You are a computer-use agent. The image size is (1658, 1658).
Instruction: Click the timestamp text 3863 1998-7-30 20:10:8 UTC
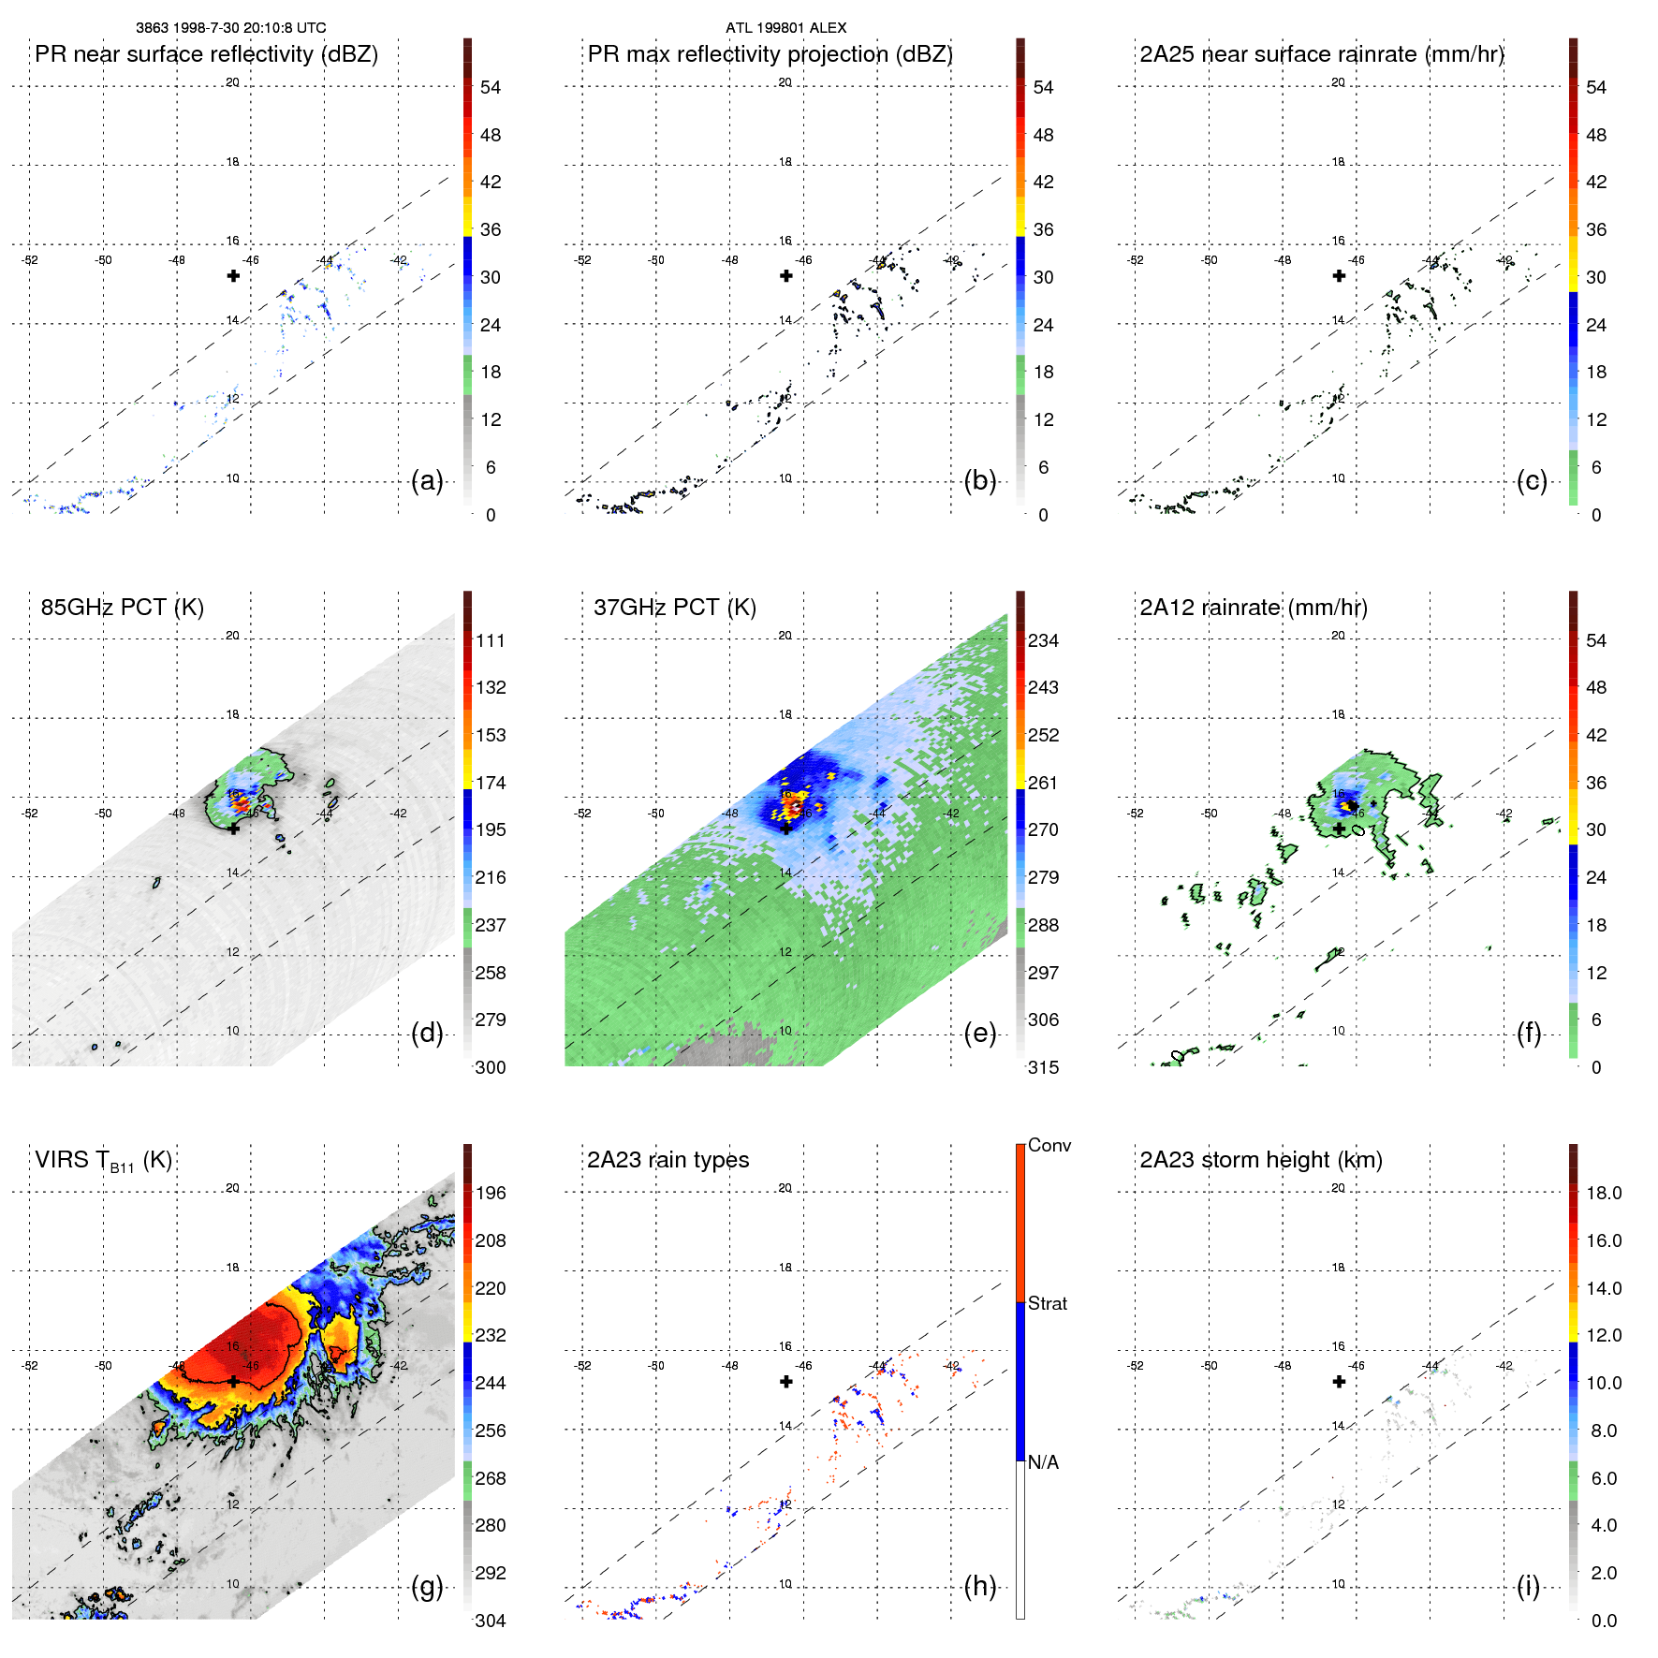coord(230,28)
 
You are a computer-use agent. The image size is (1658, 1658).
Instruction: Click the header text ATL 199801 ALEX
coord(785,28)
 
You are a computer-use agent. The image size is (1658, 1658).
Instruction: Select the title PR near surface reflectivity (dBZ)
coord(206,54)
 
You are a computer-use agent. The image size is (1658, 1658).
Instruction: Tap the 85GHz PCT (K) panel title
coord(122,607)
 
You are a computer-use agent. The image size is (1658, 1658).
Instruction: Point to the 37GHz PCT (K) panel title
coord(674,607)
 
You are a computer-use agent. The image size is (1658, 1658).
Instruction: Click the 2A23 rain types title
coord(668,1160)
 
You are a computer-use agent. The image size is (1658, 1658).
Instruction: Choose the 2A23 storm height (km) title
coord(1260,1160)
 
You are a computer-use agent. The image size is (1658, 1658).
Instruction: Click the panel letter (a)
coord(427,481)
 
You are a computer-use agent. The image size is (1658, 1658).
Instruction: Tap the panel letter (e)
coord(979,1034)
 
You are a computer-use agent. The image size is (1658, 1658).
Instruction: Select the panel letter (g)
coord(427,1587)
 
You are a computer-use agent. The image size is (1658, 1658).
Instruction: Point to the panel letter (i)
coord(1528,1587)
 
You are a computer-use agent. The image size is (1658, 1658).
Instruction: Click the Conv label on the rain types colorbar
coord(1049,1145)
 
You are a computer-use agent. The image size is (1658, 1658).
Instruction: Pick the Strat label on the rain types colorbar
coord(1047,1303)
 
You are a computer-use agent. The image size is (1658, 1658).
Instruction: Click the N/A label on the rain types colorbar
coord(1043,1462)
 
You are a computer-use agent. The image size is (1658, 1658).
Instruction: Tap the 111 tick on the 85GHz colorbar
coord(491,640)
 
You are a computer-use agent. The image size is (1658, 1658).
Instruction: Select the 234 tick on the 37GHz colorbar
coord(1043,640)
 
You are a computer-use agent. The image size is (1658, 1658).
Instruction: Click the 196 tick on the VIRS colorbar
coord(491,1193)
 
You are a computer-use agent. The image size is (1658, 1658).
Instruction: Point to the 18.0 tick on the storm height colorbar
coord(1603,1193)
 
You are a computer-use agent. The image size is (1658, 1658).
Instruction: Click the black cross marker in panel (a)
coord(233,275)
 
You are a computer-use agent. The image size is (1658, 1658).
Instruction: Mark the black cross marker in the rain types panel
coord(786,1382)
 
